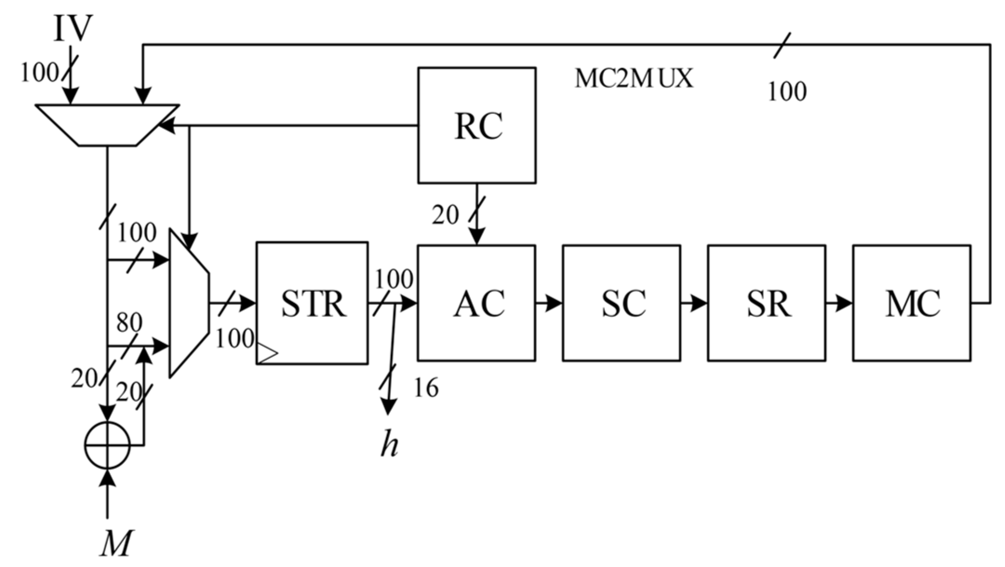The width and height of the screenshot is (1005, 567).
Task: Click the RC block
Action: [476, 125]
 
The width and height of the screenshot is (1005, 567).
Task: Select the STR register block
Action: [312, 303]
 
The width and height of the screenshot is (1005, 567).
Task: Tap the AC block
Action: [476, 303]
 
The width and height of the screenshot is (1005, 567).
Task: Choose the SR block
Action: [766, 303]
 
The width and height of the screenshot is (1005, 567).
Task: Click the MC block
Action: [911, 303]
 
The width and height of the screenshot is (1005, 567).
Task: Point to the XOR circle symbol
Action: [107, 445]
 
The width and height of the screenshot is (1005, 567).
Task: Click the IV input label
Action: [72, 29]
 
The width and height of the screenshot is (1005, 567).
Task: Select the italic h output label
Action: [389, 445]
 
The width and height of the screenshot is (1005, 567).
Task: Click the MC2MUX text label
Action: [634, 78]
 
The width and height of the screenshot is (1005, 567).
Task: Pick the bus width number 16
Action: [426, 387]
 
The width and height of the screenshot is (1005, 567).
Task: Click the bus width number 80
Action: [129, 322]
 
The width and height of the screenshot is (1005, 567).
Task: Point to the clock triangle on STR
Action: [267, 353]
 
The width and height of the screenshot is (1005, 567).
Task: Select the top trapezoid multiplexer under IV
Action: [107, 125]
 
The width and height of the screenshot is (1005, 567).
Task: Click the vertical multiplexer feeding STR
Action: [188, 303]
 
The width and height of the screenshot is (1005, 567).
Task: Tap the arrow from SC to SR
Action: [694, 304]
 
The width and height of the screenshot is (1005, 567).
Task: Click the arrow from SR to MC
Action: [839, 304]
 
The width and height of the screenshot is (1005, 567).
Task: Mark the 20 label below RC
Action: [445, 215]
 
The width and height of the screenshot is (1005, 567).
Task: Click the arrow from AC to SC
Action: [549, 304]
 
